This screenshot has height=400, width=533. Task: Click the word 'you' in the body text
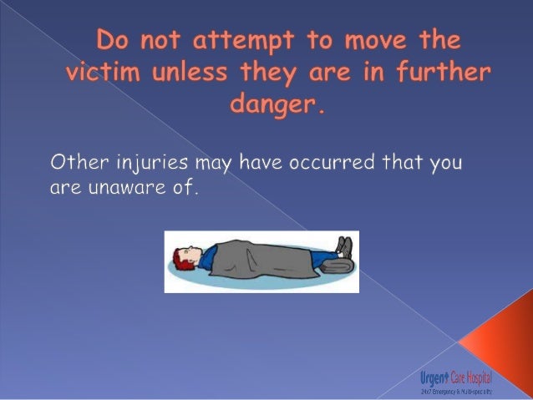tap(444, 163)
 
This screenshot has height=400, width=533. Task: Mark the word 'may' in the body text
tap(215, 163)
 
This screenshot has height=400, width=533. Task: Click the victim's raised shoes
tap(344, 246)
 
